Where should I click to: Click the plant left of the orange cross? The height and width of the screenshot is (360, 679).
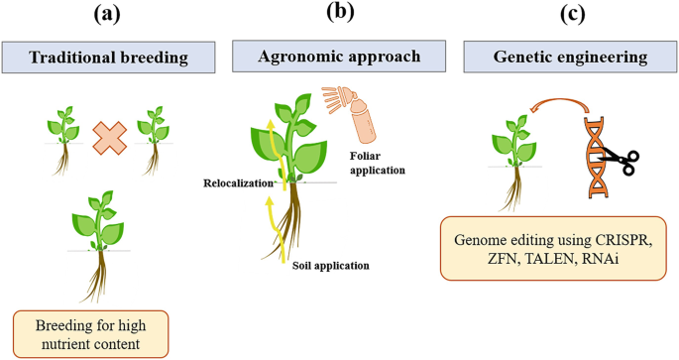[x=65, y=139]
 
